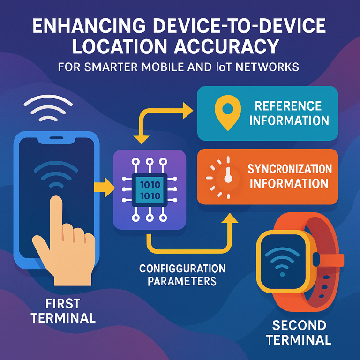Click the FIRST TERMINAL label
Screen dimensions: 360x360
coord(63,310)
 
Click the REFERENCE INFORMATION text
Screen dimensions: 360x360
coord(289,113)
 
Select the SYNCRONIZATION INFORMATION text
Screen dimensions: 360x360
coord(289,175)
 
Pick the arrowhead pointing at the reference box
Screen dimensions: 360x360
coord(188,111)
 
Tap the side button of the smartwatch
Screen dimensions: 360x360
coord(317,257)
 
